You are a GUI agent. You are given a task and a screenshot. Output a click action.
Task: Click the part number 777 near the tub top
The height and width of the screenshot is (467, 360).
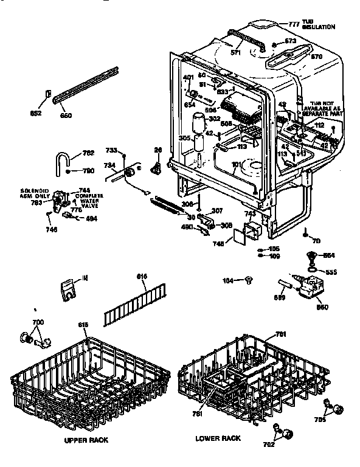point(294,24)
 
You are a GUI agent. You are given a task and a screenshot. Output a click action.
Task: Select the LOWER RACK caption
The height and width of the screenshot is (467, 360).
point(218,438)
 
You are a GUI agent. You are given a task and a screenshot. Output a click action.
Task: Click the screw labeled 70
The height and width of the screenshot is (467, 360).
point(304,235)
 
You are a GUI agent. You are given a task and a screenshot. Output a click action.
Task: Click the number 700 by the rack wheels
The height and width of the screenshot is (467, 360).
point(38,321)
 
